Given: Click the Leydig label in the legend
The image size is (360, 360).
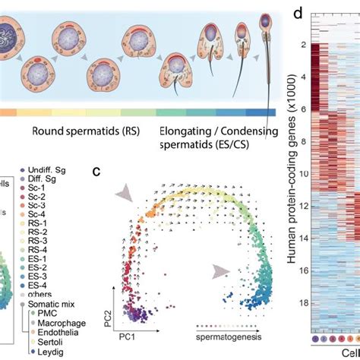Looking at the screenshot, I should point(47,352).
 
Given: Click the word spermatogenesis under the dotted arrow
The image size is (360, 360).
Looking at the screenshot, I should point(227,335).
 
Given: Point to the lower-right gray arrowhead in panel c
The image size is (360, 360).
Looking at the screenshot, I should point(220,270).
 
